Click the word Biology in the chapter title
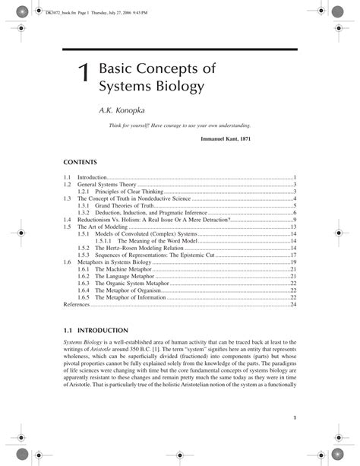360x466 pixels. (x=179, y=87)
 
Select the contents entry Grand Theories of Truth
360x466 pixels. (x=126, y=205)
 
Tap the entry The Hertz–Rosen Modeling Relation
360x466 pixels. (x=141, y=248)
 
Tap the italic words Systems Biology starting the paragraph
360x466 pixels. (x=81, y=342)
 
